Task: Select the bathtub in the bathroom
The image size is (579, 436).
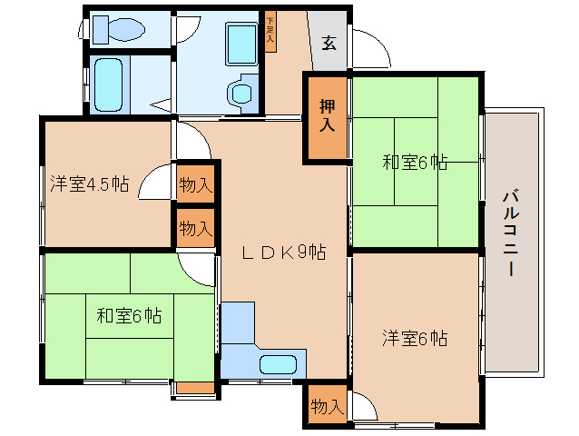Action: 108,84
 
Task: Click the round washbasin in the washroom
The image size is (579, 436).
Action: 240,94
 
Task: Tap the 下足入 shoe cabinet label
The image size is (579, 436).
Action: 270,33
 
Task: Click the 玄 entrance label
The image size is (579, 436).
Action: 329,42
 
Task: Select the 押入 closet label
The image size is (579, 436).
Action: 326,118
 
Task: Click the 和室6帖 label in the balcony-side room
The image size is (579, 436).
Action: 414,163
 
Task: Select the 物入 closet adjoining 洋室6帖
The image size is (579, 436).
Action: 326,407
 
